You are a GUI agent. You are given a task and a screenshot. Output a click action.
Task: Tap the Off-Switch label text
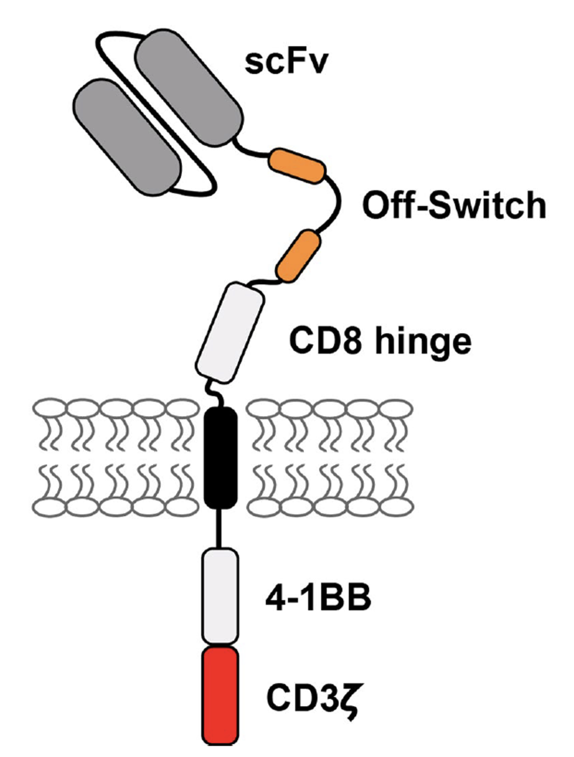pos(454,206)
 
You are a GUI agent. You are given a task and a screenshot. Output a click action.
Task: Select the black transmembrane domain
pos(220,457)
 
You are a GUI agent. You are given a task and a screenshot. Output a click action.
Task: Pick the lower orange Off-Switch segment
pos(297,255)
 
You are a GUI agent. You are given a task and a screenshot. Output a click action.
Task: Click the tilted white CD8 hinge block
pos(230,333)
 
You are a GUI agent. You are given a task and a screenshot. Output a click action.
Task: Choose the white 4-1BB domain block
pos(220,596)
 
